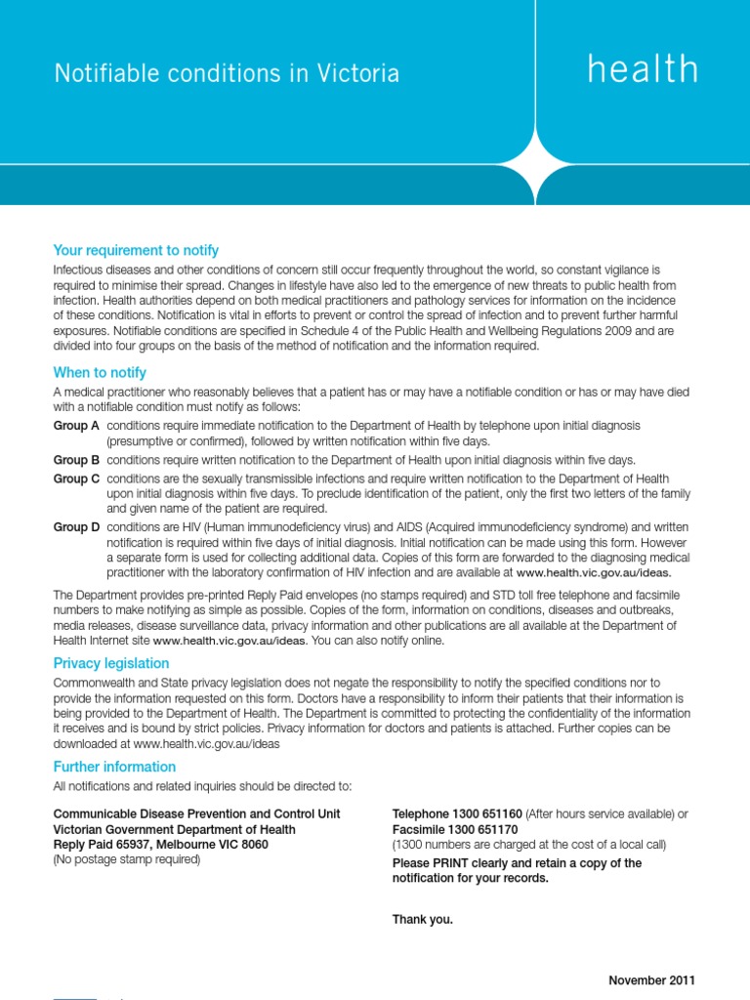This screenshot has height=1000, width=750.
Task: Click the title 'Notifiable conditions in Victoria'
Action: pos(227,74)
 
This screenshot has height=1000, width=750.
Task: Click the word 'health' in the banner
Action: pos(643,70)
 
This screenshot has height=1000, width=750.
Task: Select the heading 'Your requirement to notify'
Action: pos(136,251)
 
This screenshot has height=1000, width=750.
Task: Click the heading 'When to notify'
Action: pos(100,373)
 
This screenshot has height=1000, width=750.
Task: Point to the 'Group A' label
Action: pos(76,427)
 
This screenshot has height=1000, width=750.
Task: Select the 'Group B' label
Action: pos(76,460)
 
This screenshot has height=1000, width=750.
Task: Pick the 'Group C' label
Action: pos(76,479)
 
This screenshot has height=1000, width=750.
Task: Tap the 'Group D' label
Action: pos(76,527)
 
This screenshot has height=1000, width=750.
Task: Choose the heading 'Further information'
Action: pos(114,767)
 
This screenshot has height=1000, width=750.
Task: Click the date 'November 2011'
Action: pos(651,980)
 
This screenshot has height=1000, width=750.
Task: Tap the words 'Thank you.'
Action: pos(422,919)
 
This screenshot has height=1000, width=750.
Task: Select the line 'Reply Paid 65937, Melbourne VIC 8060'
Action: pos(160,845)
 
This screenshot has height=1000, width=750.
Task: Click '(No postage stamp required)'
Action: pos(126,859)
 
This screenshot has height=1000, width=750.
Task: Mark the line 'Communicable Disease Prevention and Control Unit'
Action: pos(196,814)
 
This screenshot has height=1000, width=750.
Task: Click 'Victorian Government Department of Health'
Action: pos(174,830)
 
